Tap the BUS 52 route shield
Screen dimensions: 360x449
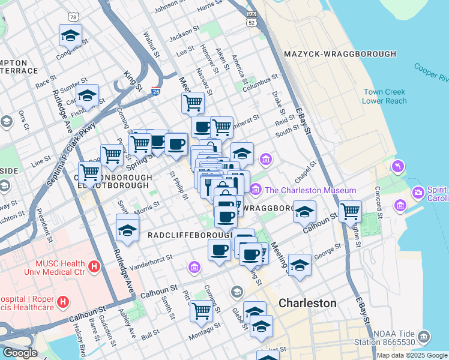click(x=252, y=17)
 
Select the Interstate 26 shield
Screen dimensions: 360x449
click(x=155, y=91)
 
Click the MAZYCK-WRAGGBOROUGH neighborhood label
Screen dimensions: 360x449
click(x=339, y=54)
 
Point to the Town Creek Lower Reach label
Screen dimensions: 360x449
click(x=384, y=97)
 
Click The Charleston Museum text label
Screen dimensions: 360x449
click(x=310, y=190)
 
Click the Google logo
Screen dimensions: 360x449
click(x=20, y=353)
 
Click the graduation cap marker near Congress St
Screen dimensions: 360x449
click(x=71, y=35)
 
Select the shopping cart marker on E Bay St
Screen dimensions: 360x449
click(x=350, y=211)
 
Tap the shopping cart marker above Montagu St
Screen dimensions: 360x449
click(x=201, y=311)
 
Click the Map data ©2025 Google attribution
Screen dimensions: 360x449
click(x=411, y=355)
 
